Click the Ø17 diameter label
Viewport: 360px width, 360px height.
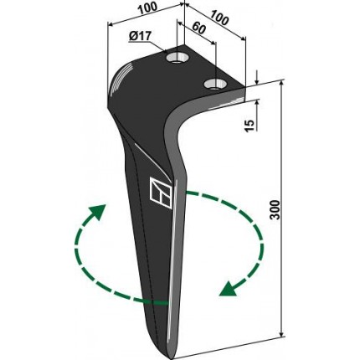pyautogui.click(x=140, y=36)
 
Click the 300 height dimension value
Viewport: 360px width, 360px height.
pyautogui.click(x=275, y=209)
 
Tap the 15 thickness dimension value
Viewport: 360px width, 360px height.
pyautogui.click(x=250, y=126)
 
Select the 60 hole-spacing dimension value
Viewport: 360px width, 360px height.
pyautogui.click(x=198, y=28)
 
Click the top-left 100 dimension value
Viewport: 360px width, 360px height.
pyautogui.click(x=148, y=9)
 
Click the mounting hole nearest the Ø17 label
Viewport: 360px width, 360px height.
pyautogui.click(x=177, y=58)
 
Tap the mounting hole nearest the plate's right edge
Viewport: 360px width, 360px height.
pyautogui.click(x=214, y=84)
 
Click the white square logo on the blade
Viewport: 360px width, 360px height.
pyautogui.click(x=161, y=193)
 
